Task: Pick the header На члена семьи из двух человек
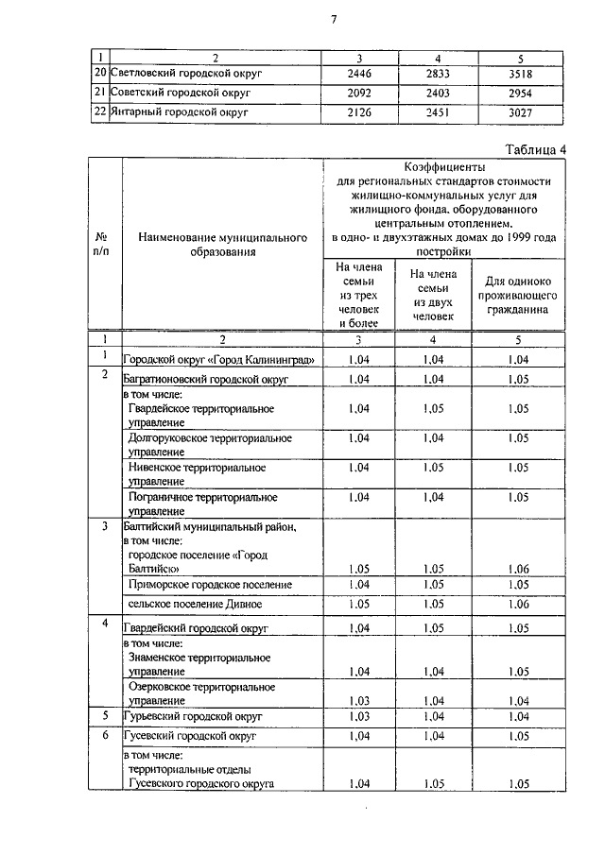point(433,295)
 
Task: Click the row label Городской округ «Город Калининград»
point(218,360)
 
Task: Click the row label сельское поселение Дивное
point(194,605)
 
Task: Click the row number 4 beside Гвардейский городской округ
point(105,625)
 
